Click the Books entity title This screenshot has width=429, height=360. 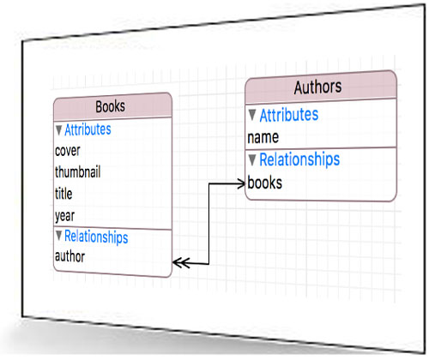pyautogui.click(x=111, y=106)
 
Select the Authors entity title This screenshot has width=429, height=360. pyautogui.click(x=317, y=87)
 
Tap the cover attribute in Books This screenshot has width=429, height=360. pyautogui.click(x=68, y=151)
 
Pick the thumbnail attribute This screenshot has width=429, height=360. pyautogui.click(x=77, y=172)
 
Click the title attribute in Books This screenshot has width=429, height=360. pyautogui.click(x=63, y=194)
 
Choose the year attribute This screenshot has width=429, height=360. pyautogui.click(x=64, y=216)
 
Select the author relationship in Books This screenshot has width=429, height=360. pyautogui.click(x=69, y=256)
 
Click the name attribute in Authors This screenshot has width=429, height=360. pyautogui.click(x=263, y=137)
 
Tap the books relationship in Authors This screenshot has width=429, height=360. pyautogui.click(x=265, y=183)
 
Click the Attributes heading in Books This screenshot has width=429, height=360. pyautogui.click(x=88, y=129)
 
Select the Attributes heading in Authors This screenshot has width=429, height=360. pyautogui.click(x=289, y=115)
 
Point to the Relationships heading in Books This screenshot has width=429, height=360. pyautogui.click(x=96, y=237)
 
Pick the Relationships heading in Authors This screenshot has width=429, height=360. pyautogui.click(x=299, y=159)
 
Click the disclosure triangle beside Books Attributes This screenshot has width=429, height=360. pyautogui.click(x=59, y=130)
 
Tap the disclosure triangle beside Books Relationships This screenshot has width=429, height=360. pyautogui.click(x=59, y=236)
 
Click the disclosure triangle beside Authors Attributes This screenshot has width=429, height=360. pyautogui.click(x=252, y=115)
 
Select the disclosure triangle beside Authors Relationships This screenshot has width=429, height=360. pyautogui.click(x=252, y=160)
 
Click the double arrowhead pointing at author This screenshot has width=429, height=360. pyautogui.click(x=181, y=262)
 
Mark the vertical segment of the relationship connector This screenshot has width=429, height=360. pyautogui.click(x=208, y=224)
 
